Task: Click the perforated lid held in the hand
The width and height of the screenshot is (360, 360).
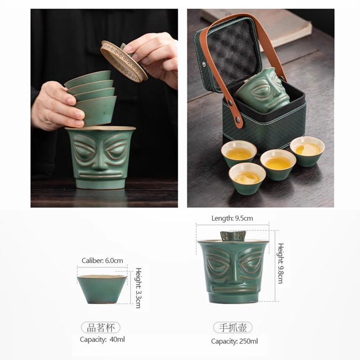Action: click(124, 61)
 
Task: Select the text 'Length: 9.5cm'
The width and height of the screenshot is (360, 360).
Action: click(232, 218)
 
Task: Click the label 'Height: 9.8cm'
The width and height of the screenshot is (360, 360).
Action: click(280, 263)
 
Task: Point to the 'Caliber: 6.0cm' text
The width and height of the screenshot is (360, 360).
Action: click(102, 261)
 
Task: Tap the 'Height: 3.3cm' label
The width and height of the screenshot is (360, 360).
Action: click(138, 288)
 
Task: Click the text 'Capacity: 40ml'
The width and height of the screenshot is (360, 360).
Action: click(102, 339)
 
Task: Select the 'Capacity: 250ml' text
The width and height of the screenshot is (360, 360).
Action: click(234, 341)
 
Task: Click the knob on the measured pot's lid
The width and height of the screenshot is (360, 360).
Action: click(233, 235)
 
